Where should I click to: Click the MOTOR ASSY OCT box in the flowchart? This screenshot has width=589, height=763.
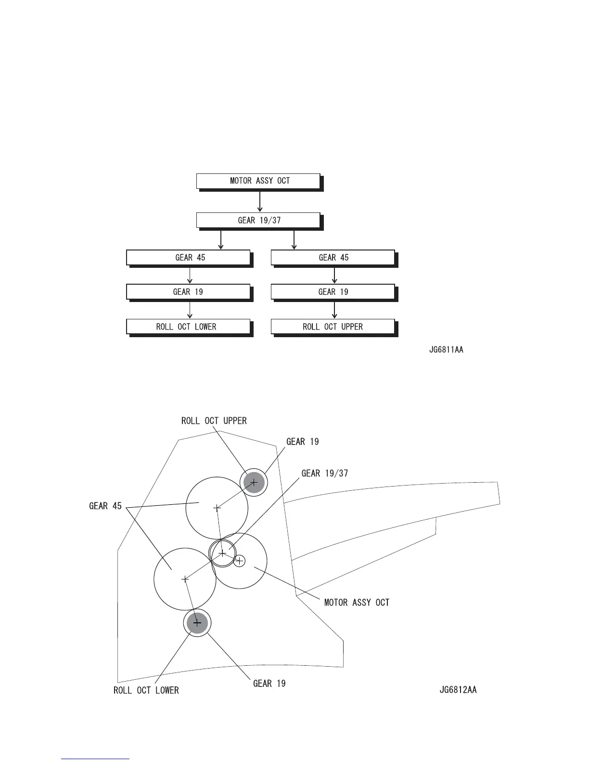coord(258,181)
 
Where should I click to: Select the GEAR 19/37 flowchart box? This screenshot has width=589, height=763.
coord(258,221)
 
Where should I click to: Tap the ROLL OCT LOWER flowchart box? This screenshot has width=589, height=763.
coord(188,327)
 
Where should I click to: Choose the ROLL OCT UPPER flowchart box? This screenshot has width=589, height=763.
coord(333,327)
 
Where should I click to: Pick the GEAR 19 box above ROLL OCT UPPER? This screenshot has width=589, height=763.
coord(333,292)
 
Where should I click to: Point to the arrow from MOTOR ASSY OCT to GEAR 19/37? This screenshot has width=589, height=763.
coord(260,201)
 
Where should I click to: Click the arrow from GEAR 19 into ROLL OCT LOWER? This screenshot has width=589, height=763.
coord(190,310)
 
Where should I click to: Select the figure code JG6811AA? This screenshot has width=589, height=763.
coord(446,350)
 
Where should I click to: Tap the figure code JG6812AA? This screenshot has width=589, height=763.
coord(458,690)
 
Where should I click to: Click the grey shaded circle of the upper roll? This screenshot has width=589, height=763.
coord(254,482)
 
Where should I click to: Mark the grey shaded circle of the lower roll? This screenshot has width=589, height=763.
coord(197,623)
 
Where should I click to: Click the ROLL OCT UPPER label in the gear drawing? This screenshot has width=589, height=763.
coord(214,421)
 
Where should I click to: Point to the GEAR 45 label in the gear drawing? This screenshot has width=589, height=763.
coord(105,506)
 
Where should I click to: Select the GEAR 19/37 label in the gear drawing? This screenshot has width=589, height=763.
coord(324,474)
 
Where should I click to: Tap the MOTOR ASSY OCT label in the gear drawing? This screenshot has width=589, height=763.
coord(357,603)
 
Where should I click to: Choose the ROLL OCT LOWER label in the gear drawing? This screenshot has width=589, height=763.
coord(146,690)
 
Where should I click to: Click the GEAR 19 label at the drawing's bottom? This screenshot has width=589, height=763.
coord(269,684)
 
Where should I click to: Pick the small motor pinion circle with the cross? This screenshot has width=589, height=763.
coord(239,561)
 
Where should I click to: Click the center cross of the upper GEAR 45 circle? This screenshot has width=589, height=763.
coord(217,508)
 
